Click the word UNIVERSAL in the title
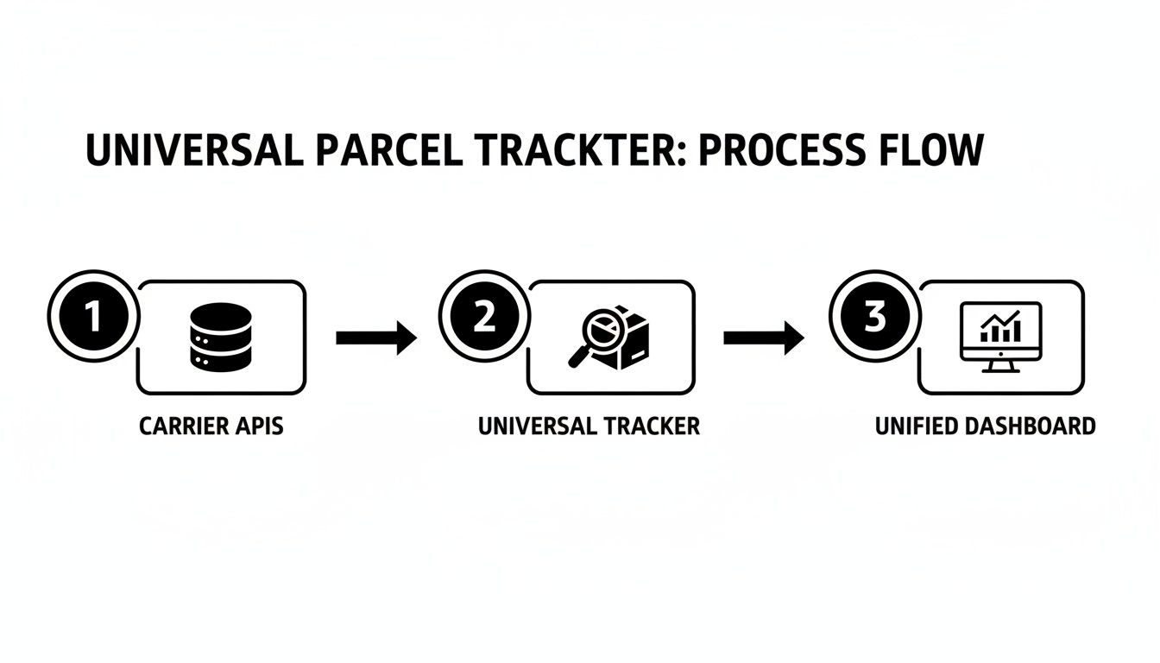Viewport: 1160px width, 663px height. (x=194, y=150)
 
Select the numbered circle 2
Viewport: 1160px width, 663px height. (x=483, y=318)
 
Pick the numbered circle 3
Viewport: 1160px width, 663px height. (x=873, y=318)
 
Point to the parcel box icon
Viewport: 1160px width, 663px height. (x=628, y=340)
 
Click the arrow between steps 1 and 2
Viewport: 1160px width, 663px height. (x=375, y=338)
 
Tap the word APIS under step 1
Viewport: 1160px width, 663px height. (x=258, y=426)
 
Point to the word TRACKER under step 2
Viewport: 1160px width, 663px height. (x=646, y=426)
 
